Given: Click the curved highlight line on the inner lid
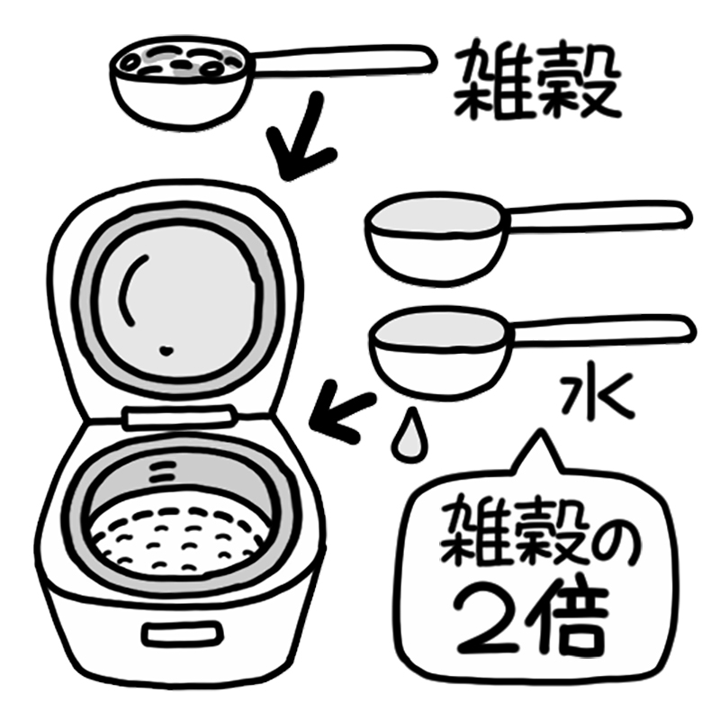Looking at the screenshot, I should pyautogui.click(x=129, y=288).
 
